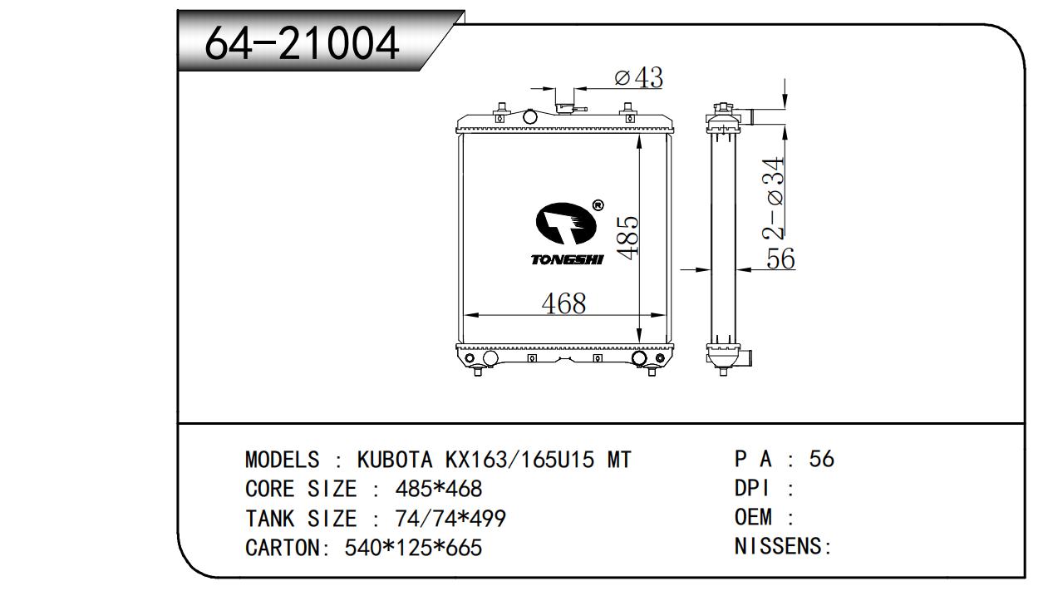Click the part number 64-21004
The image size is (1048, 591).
pos(302,43)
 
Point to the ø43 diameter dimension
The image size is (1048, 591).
pos(639,77)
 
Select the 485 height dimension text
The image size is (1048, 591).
pos(627,237)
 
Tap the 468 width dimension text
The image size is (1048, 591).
pos(563,303)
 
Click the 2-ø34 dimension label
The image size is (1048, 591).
pos(772,199)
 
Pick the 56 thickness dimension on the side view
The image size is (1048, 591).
pos(780,259)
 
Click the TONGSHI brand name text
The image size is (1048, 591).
pos(568,259)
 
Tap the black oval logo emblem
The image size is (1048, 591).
pos(567,224)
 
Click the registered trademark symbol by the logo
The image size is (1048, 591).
pos(598,205)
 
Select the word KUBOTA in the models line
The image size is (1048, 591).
pos(395,460)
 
